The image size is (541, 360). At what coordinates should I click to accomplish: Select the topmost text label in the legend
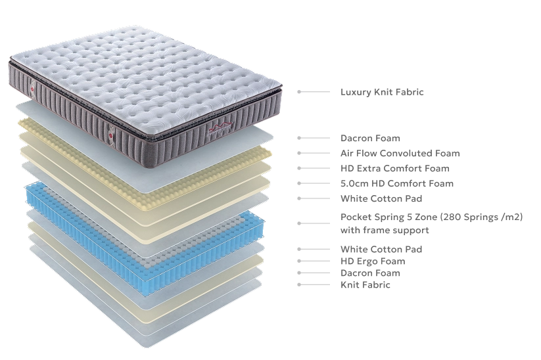381,93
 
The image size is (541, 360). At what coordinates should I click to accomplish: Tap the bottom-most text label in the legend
365,284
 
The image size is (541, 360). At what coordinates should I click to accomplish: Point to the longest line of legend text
431,215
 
